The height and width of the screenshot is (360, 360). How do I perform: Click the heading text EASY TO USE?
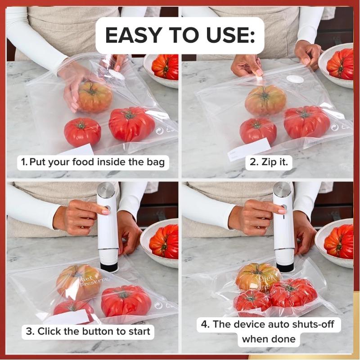pyautogui.click(x=180, y=36)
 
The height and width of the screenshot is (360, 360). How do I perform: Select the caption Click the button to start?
pyautogui.click(x=88, y=332)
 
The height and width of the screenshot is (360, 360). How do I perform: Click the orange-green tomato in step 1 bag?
pyautogui.click(x=95, y=96)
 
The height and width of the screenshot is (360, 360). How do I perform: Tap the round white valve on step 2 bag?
pyautogui.click(x=296, y=79)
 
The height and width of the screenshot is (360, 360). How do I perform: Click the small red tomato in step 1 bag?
pyautogui.click(x=82, y=131)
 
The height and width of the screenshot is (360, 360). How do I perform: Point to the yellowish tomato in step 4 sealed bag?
pyautogui.click(x=258, y=276)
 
